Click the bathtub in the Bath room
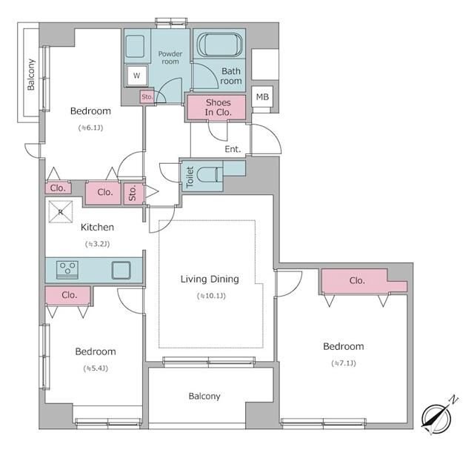219,44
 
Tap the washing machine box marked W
136,76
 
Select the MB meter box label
262,97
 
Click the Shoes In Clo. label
218,107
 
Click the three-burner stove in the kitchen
67,269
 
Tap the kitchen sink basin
121,270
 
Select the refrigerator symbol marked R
61,212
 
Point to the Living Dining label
210,279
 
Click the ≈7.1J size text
344,363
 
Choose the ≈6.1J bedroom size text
90,128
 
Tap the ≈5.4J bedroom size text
96,368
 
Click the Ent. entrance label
233,149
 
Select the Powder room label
170,58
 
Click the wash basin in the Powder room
135,46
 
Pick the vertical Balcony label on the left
31,74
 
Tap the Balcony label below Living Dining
204,396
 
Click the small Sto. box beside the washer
147,97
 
